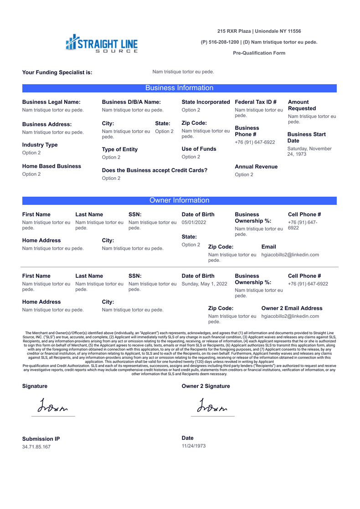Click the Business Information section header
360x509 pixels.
tap(179, 88)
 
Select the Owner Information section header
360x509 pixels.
tap(179, 200)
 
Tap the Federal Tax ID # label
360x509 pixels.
tap(256, 102)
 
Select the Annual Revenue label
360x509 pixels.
tap(256, 167)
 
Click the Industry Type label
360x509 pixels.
tap(40, 145)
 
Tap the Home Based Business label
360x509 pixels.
tap(51, 166)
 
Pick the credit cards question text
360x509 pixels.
tap(154, 170)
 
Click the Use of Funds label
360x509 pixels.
tap(199, 149)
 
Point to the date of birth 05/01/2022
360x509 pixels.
tap(194, 222)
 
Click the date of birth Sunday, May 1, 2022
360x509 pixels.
tap(204, 284)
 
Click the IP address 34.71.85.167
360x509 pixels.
tap(36, 447)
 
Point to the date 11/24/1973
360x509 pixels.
tap(194, 446)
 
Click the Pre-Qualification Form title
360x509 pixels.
tap(259, 53)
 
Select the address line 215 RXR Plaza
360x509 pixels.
tap(259, 31)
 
